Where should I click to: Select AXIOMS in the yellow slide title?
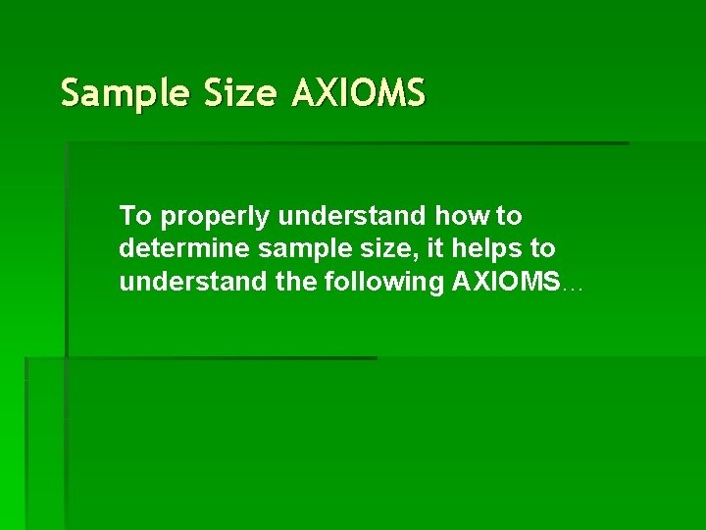(x=358, y=94)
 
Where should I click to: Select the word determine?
(x=184, y=248)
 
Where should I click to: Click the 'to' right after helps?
(x=542, y=248)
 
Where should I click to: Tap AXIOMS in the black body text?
(x=506, y=282)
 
